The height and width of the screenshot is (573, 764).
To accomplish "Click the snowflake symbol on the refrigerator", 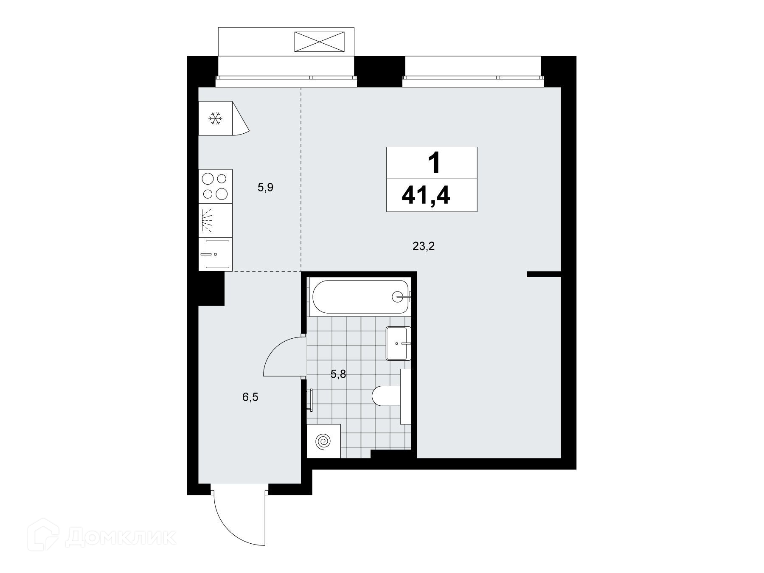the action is [x=216, y=118].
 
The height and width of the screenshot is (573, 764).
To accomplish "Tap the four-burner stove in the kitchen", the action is [x=216, y=186].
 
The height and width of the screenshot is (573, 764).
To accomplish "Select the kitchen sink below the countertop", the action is [x=216, y=254].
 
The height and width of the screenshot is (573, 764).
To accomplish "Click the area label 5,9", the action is [x=265, y=187].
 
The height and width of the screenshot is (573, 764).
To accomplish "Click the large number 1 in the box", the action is [x=433, y=163].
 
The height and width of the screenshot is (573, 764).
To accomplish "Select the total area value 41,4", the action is [x=426, y=197].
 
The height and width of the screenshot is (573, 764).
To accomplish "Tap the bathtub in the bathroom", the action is [x=360, y=297].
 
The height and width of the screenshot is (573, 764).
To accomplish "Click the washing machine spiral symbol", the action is [x=323, y=442].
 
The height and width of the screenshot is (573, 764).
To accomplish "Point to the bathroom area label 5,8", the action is [x=339, y=374].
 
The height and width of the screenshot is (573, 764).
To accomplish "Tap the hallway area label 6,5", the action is [x=250, y=397].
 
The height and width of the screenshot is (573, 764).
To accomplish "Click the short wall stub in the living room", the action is [x=544, y=274].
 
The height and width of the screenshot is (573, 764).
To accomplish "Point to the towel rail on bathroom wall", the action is [x=311, y=400].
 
